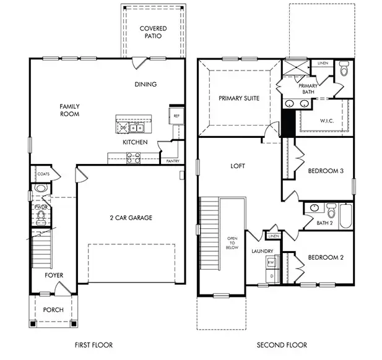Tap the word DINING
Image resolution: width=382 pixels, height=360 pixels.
(145, 84)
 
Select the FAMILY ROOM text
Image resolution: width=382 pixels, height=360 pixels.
(69, 110)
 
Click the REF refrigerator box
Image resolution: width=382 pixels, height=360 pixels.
(176, 116)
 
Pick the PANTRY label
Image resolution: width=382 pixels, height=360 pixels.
(173, 161)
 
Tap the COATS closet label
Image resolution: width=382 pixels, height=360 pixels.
(43, 174)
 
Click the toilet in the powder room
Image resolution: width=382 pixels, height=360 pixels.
(41, 215)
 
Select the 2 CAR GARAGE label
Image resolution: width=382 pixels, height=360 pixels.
(131, 217)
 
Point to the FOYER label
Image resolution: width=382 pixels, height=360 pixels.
(53, 275)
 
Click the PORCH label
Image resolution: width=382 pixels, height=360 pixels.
(53, 309)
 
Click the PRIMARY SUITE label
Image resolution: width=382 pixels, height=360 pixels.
(238, 98)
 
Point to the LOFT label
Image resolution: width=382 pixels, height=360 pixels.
(238, 166)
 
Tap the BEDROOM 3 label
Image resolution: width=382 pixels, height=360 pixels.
(326, 171)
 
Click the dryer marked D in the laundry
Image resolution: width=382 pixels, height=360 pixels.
(271, 275)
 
